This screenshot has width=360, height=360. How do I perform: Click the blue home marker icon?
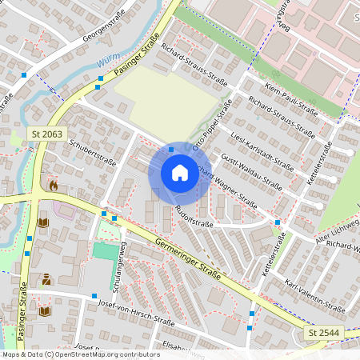click(179, 173)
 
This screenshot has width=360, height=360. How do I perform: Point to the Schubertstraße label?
click(93, 150)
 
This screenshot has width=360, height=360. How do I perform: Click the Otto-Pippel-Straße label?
click(212, 125)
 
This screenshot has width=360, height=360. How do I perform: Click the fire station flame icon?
click(53, 185)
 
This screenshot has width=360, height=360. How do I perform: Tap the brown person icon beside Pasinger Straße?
click(46, 279)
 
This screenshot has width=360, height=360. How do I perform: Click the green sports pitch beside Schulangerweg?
click(104, 251)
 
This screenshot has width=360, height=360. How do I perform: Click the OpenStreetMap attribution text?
click(80, 354)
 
